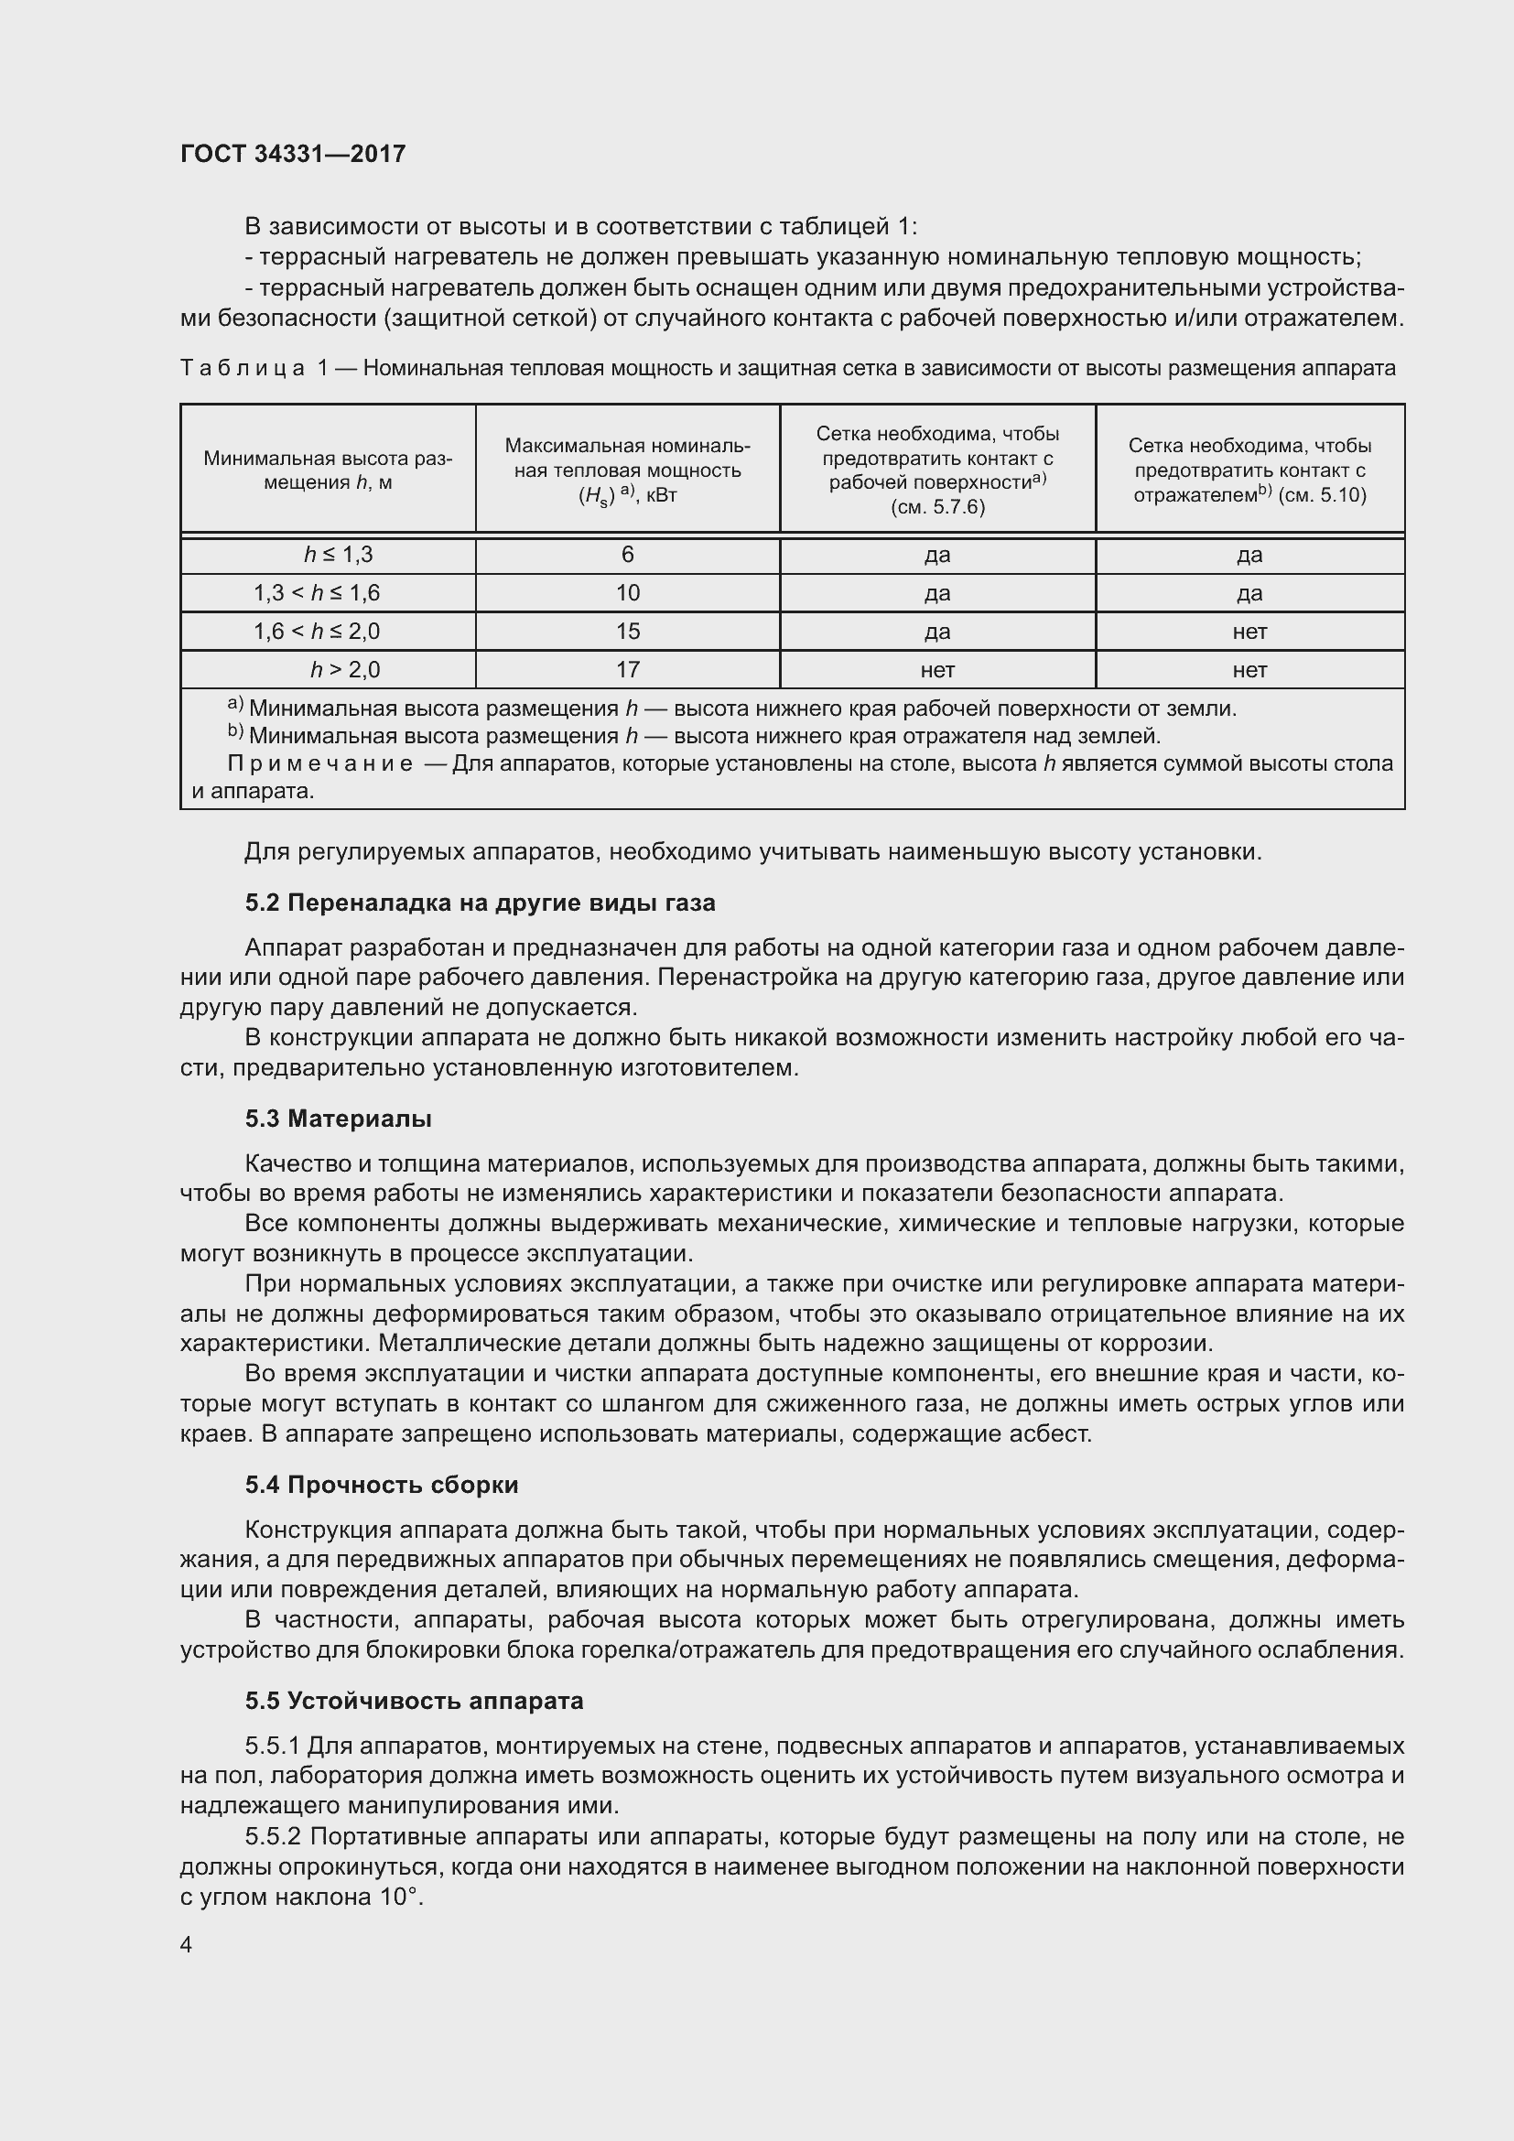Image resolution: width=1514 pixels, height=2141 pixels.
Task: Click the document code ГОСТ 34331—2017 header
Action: [293, 154]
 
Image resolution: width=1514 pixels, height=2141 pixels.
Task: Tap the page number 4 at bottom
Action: [187, 1944]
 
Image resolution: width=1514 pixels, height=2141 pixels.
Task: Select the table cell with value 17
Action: [627, 669]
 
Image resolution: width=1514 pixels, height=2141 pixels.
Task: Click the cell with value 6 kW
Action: [627, 555]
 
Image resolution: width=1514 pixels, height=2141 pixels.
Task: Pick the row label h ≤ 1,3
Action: [339, 555]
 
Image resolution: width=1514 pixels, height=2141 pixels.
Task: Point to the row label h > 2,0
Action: [345, 669]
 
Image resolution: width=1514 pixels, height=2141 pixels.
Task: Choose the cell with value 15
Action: [627, 632]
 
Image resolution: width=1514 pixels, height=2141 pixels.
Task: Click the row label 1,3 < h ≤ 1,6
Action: [317, 593]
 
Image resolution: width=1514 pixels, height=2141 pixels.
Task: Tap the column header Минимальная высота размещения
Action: [329, 470]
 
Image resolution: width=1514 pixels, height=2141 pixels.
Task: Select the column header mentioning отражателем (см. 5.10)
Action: [1249, 470]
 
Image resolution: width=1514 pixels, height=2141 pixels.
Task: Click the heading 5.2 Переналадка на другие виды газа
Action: [481, 903]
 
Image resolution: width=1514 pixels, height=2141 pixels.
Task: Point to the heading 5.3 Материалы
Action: [339, 1118]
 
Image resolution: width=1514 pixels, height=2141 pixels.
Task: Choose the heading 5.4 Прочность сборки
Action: [382, 1485]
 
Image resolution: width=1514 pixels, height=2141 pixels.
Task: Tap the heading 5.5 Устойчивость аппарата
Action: [414, 1700]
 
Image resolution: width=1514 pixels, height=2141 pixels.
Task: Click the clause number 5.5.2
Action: [273, 1836]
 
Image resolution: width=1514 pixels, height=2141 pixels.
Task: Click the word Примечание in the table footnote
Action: [319, 763]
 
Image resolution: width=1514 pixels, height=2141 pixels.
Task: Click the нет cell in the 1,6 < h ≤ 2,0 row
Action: [1249, 632]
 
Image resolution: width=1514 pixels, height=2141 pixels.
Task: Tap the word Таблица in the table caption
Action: [243, 368]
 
